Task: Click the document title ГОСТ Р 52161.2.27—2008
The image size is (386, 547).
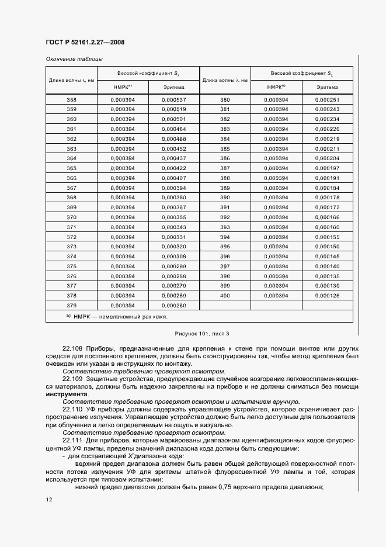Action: [85, 42]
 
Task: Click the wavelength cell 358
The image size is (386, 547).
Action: [71, 100]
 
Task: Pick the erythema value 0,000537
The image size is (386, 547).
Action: [173, 100]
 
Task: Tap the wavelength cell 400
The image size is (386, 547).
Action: [225, 296]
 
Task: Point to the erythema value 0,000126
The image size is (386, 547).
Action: [327, 296]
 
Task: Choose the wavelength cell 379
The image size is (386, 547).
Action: [71, 305]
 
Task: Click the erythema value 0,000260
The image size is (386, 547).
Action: [173, 305]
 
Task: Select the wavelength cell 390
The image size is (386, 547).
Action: [225, 198]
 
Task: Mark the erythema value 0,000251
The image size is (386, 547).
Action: [327, 100]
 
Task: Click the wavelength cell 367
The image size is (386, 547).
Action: [71, 188]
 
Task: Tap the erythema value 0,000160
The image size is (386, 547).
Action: [327, 227]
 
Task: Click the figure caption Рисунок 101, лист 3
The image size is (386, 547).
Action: [199, 333]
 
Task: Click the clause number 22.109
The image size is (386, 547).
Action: [73, 380]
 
